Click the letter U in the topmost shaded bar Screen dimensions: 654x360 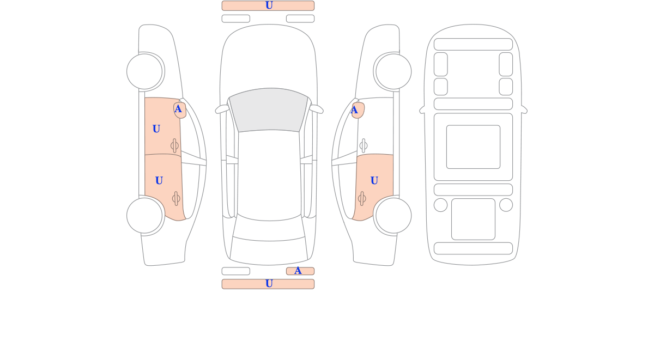[269, 5]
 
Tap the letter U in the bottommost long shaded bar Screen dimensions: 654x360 [269, 284]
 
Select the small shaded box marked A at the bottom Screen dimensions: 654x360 [300, 271]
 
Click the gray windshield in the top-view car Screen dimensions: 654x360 [269, 109]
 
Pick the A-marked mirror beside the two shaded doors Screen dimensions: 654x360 [180, 110]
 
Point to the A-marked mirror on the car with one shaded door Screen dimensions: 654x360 [358, 110]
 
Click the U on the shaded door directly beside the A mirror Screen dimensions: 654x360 [156, 129]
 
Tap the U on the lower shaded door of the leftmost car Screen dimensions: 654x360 [159, 181]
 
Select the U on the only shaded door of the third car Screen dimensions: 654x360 [374, 181]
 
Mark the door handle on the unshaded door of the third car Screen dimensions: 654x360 [364, 145]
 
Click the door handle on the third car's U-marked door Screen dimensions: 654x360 [362, 199]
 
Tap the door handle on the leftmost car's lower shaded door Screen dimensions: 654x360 [176, 199]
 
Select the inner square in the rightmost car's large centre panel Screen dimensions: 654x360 [473, 147]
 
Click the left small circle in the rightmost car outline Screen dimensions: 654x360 [440, 205]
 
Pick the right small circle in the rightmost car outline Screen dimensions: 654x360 [506, 205]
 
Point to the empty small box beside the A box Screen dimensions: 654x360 [236, 271]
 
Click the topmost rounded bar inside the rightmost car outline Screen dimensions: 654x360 [473, 44]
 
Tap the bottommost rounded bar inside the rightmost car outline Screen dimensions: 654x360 [473, 248]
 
